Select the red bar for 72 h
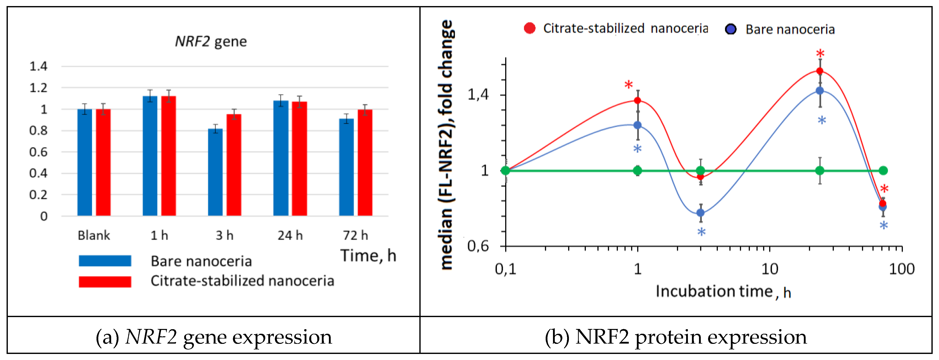pos(365,163)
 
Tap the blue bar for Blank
pos(85,163)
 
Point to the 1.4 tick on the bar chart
pos(39,66)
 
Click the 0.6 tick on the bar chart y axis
pos(39,152)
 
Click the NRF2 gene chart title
pos(211,42)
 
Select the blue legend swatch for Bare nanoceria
pos(105,261)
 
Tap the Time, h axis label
pos(368,256)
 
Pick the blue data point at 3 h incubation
pos(700,213)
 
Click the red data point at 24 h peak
pos(820,71)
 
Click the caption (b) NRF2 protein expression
pos(676,337)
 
